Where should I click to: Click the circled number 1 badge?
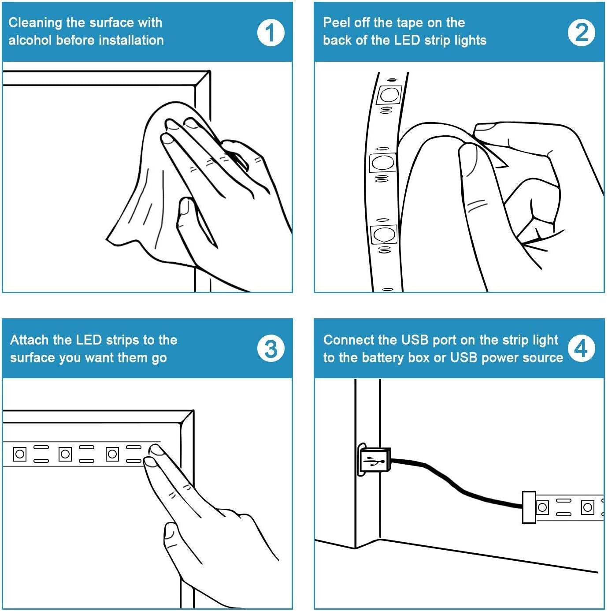271,32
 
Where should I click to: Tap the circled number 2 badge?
581,32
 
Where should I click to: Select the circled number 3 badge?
271,348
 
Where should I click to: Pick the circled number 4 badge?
581,348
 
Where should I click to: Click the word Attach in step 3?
30,340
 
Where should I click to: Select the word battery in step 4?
382,358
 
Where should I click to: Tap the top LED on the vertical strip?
388,94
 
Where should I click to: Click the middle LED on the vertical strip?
382,163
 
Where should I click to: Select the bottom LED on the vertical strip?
384,234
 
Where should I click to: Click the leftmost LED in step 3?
20,454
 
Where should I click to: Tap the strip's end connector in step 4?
529,507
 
